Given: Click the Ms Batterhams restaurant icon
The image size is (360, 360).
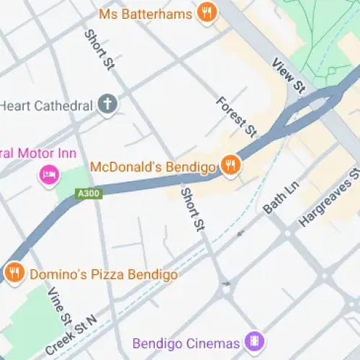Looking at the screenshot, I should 207,14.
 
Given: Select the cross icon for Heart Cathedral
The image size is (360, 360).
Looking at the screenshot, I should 108,104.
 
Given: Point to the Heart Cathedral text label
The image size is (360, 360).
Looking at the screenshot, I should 47,105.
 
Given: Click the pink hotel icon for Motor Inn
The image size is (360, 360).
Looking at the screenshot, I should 49,174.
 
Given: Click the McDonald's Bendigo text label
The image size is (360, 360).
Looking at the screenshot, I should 153,167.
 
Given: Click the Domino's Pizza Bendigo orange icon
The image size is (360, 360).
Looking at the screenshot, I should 13,274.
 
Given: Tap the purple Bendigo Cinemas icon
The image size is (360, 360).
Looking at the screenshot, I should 253,340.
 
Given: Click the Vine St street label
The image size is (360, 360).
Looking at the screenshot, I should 59,305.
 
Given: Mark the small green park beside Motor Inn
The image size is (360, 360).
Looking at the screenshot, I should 74,180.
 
